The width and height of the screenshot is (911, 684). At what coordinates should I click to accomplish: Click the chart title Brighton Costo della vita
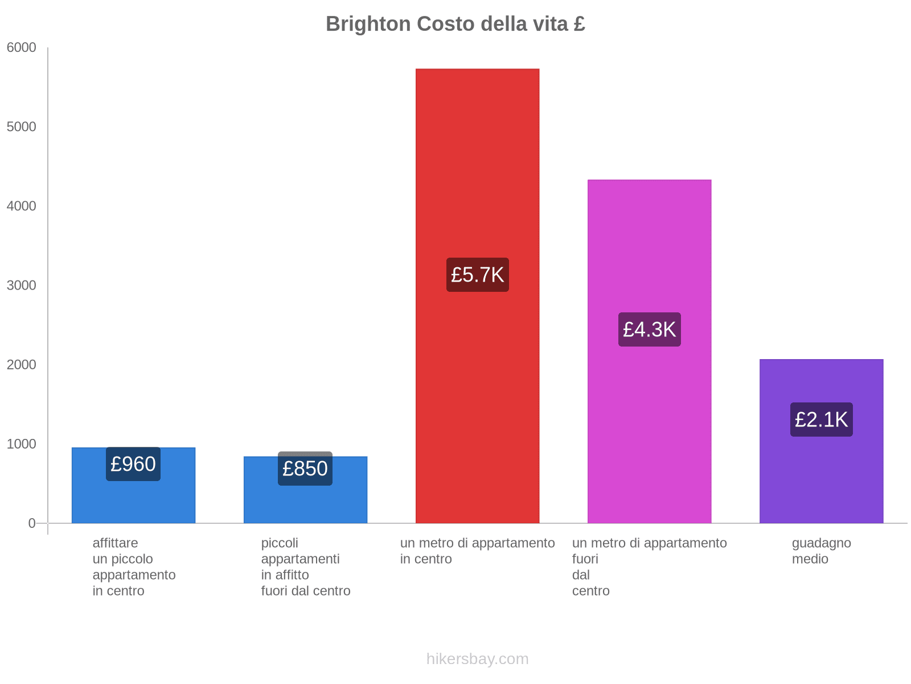pos(455,24)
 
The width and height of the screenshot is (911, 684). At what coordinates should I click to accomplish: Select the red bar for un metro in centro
pos(477,171)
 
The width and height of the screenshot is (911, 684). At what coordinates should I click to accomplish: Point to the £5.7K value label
pos(477,275)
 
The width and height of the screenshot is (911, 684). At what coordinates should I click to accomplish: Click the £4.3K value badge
pos(649,329)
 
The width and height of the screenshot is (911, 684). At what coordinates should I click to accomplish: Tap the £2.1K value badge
pos(821,420)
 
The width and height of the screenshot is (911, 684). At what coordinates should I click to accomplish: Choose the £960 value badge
pos(133,464)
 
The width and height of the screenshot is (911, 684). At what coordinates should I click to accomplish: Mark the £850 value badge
pos(305,469)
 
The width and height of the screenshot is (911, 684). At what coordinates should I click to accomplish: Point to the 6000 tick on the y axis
pos(22,48)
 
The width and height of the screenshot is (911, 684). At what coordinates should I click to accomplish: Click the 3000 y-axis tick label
pos(22,286)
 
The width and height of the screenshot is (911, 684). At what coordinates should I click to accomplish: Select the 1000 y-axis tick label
pos(22,444)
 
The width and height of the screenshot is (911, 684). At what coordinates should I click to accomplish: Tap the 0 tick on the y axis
pos(32,523)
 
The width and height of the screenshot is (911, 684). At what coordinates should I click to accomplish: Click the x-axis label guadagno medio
pos(821,551)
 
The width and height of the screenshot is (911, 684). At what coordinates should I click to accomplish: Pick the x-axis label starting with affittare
pos(134,567)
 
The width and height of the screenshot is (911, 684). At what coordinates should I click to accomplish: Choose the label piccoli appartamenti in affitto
pos(305,567)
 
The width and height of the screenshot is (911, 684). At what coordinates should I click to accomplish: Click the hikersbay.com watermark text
pos(477,659)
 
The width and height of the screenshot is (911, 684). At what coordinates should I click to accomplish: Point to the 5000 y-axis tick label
pos(22,127)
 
